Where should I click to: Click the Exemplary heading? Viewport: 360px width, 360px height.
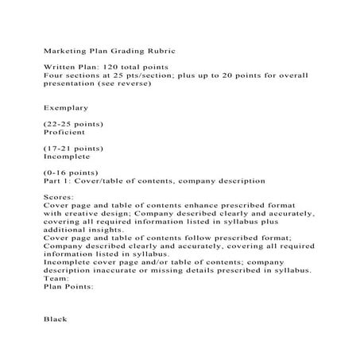pyautogui.click(x=66, y=106)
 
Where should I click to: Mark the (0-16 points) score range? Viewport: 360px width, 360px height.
pyautogui.click(x=71, y=172)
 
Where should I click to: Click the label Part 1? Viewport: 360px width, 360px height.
pyautogui.click(x=57, y=181)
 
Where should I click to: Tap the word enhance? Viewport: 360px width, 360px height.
pyautogui.click(x=192, y=205)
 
